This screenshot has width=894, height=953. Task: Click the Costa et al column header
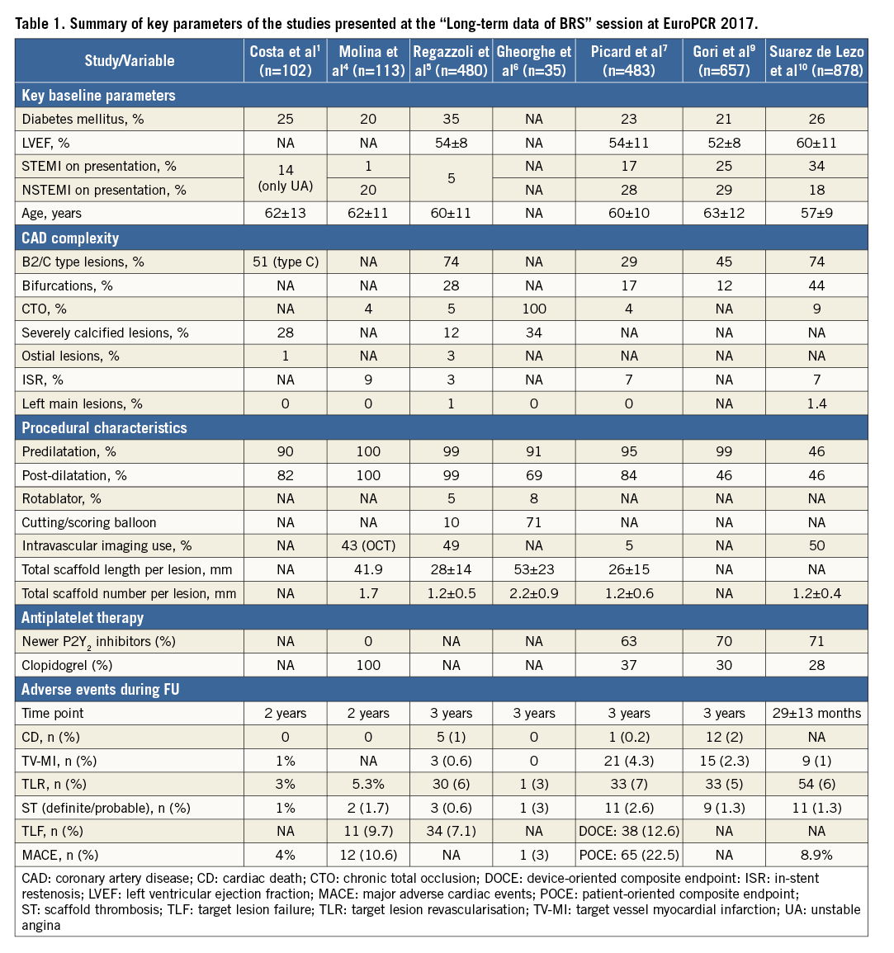click(286, 60)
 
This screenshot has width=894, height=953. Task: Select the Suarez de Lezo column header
click(816, 60)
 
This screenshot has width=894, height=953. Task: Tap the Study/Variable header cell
click(130, 60)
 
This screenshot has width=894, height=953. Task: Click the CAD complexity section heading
click(70, 238)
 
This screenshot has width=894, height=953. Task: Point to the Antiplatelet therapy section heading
click(83, 617)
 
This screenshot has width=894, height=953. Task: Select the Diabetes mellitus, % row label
click(83, 119)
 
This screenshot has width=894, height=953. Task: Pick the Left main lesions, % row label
click(82, 403)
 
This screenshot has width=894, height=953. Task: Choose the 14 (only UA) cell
click(286, 177)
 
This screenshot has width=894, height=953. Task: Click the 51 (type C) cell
click(286, 262)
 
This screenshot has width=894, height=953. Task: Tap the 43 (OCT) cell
click(368, 545)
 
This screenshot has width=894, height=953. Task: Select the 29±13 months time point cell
click(816, 713)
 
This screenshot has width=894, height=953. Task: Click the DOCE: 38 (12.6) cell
click(629, 831)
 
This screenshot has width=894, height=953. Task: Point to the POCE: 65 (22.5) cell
click(629, 855)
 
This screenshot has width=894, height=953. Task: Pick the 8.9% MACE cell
click(816, 855)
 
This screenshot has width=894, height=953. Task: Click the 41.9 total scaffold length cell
click(368, 569)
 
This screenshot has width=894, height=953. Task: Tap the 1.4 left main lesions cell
click(816, 403)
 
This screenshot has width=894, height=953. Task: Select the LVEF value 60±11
click(816, 143)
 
